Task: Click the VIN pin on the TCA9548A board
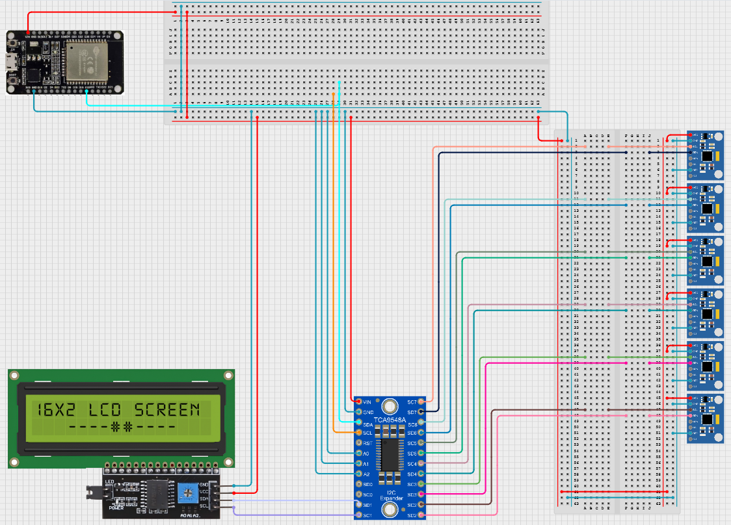[x=357, y=401]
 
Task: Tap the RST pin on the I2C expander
[x=357, y=442]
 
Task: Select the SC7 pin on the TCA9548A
[x=421, y=401]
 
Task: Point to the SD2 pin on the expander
[x=421, y=515]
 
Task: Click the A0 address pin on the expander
[x=357, y=453]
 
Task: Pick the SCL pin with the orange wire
[x=357, y=432]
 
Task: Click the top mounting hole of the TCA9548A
[x=390, y=406]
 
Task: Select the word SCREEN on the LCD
[x=166, y=409]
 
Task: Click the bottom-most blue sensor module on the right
[x=705, y=418]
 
